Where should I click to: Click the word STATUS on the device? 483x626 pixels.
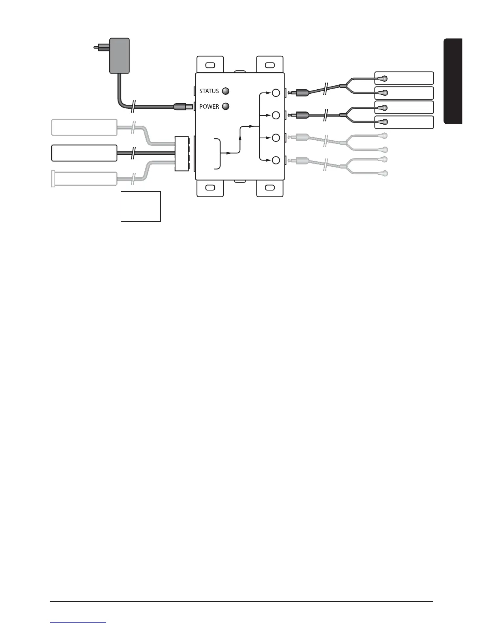coord(209,91)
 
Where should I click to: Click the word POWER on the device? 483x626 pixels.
coord(209,107)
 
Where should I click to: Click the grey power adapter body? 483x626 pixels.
coord(119,55)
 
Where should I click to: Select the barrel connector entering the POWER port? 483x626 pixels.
coord(182,106)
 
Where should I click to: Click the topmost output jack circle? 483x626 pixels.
coord(276,93)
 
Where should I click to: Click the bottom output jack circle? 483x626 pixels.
coord(276,160)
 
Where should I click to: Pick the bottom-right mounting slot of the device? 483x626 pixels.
coord(270,187)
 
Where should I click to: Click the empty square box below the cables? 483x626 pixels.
coord(140,207)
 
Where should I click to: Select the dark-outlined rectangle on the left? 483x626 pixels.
coord(84,153)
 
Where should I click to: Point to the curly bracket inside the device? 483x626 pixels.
coord(218,153)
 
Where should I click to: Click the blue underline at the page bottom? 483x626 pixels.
coord(78,623)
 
